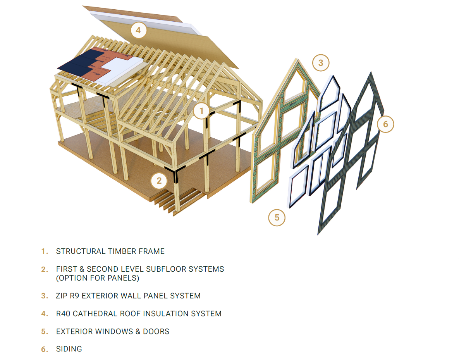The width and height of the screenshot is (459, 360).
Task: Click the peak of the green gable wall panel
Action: click(297, 59)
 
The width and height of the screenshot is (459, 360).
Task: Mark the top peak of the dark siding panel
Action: click(371, 72)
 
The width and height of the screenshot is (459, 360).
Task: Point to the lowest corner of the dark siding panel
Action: click(318, 234)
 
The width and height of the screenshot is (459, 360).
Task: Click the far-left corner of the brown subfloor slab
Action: click(58, 143)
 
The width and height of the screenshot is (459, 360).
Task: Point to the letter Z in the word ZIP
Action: click(58, 296)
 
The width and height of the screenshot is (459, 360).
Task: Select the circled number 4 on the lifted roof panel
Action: click(138, 30)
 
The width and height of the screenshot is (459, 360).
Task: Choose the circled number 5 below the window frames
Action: click(277, 218)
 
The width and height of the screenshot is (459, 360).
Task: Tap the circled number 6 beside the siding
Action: click(385, 124)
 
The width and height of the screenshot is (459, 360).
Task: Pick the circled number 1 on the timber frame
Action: click(201, 111)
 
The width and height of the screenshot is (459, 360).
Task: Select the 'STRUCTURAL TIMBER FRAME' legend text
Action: click(110, 251)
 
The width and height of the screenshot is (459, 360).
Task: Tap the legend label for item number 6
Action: click(69, 349)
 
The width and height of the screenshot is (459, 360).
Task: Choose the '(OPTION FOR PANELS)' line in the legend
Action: click(98, 278)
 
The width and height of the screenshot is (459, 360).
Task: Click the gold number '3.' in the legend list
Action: click(45, 296)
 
